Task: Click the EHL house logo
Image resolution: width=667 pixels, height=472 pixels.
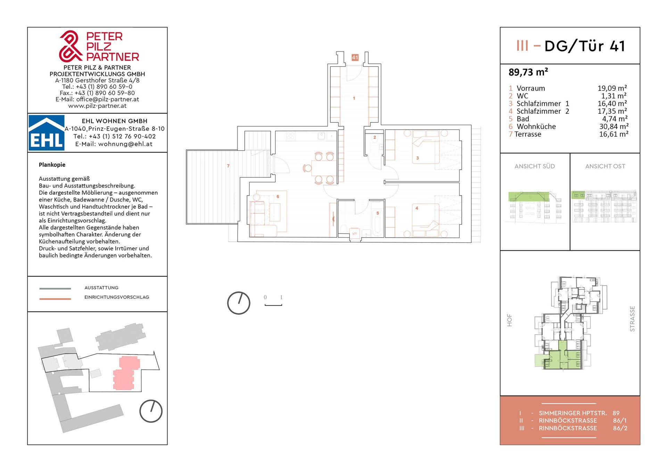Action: [x=46, y=133]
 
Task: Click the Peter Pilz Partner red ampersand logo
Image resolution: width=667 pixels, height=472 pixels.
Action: [x=71, y=46]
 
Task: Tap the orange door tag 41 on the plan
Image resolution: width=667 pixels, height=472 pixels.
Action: [x=355, y=57]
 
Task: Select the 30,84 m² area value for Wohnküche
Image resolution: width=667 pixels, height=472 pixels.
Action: [x=614, y=127]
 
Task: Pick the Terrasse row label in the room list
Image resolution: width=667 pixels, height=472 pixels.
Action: [x=528, y=134]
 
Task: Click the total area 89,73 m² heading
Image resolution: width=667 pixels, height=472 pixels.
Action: [x=528, y=72]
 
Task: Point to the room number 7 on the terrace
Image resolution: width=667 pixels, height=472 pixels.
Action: [x=228, y=166]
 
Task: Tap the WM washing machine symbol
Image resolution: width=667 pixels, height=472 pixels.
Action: [x=354, y=233]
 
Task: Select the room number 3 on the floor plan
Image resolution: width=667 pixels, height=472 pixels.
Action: [x=418, y=158]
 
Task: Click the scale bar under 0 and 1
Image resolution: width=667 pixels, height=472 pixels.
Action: [x=273, y=305]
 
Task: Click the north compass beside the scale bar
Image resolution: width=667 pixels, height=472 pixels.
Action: [x=239, y=303]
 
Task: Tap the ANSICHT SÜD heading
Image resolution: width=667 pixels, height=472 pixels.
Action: [x=535, y=166]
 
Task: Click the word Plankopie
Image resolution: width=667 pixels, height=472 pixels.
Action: [x=52, y=165]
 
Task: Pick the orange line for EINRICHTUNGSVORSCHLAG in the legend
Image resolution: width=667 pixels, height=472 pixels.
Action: [x=55, y=298]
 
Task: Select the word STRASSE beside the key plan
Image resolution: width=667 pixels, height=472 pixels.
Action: [x=632, y=319]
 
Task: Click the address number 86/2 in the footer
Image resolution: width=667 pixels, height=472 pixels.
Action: [x=620, y=428]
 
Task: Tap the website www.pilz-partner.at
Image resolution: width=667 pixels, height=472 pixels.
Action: [x=97, y=106]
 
